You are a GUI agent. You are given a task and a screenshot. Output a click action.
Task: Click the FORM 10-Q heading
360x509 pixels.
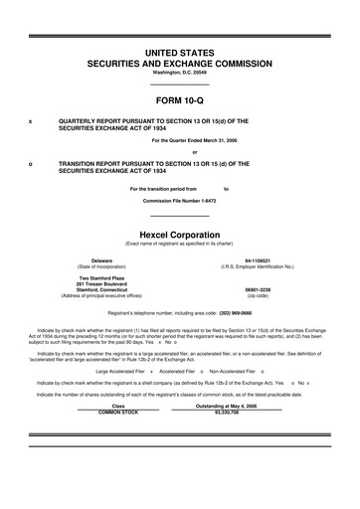click(179, 100)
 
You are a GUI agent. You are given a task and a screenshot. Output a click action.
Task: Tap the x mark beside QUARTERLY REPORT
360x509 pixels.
click(30, 120)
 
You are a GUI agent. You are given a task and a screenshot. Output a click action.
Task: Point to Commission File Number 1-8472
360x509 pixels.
click(179, 200)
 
